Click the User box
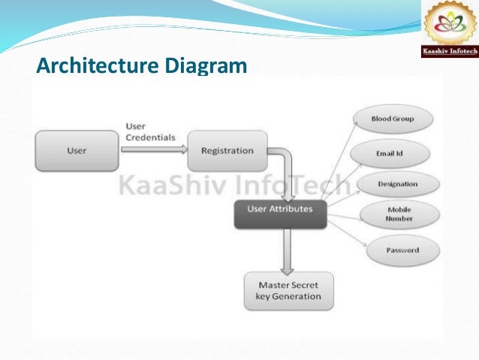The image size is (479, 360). coord(77,150)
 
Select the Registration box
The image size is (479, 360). coord(227,150)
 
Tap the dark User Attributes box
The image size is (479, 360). coord(279,210)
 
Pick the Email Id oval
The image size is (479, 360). coord(390,153)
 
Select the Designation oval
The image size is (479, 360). coord(398,184)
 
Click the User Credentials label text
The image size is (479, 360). coord(149,132)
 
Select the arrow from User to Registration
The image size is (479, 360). coord(153,149)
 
